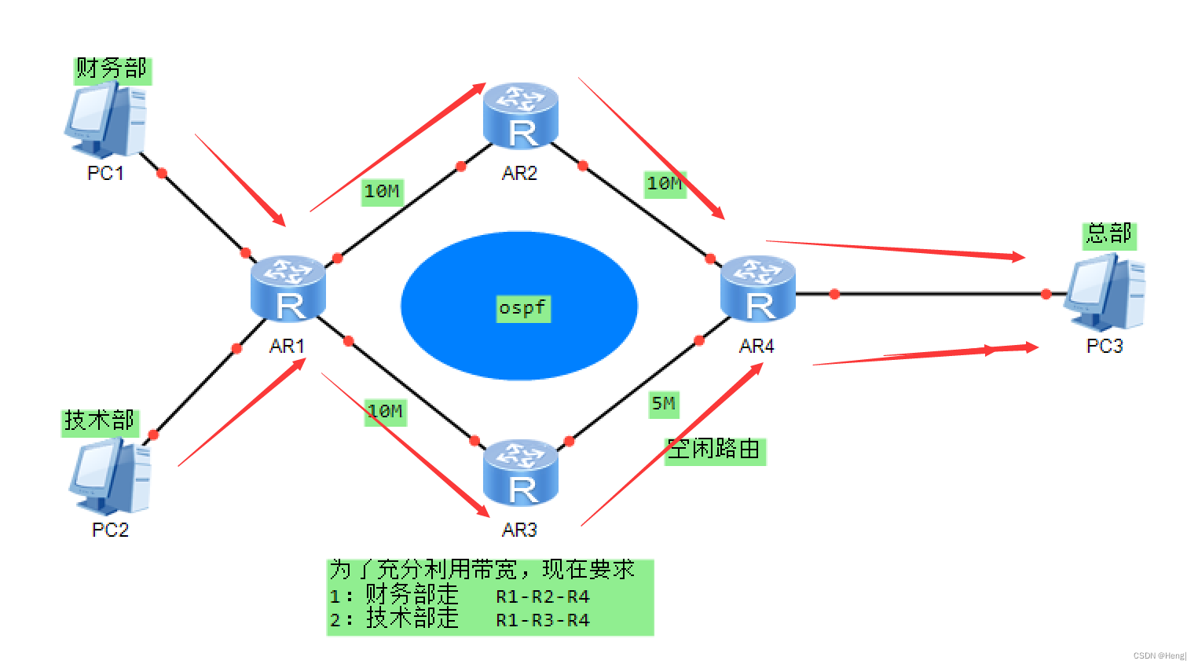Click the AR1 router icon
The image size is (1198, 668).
coord(288,288)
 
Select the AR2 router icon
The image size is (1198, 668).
coord(520,116)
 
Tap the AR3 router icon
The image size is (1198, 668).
coord(520,472)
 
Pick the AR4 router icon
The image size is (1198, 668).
coord(757,288)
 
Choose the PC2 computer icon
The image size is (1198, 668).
coord(110,476)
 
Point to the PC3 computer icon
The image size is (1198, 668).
coord(1105,292)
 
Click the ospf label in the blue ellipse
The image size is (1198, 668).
coord(522,307)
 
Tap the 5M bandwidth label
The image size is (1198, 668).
coord(663,404)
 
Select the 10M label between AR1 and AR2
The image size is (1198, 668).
coord(382,191)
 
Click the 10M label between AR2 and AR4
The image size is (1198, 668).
coord(664,184)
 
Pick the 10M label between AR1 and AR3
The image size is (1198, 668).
coord(385,411)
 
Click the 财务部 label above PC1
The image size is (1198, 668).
coord(112,69)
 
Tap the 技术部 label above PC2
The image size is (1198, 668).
coord(100,421)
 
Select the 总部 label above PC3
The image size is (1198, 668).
coord(1108,234)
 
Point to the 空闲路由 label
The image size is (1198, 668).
coord(714,450)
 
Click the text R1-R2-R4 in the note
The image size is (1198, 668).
coord(543,596)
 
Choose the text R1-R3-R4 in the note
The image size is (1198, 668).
coord(543,620)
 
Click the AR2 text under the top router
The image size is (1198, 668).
coord(520,173)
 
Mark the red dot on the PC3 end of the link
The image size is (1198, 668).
coord(1046,294)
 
